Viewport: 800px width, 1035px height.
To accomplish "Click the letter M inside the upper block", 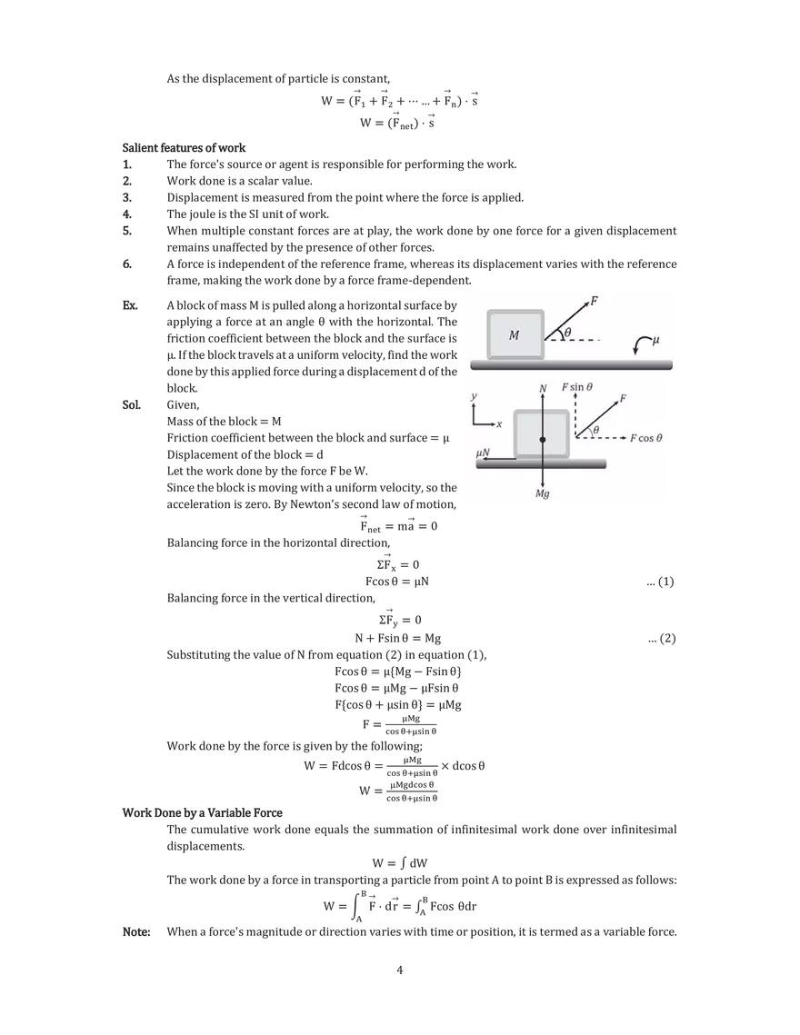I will pyautogui.click(x=514, y=335).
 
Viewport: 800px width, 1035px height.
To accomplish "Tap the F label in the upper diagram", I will pyautogui.click(x=595, y=300).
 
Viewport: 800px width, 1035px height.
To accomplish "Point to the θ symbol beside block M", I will pyautogui.click(x=567, y=333).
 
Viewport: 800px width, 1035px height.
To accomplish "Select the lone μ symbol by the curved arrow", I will pyautogui.click(x=656, y=340).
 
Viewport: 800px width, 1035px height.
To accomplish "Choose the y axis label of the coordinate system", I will pyautogui.click(x=474, y=397).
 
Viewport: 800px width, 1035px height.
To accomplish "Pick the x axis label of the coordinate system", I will pyautogui.click(x=499, y=424).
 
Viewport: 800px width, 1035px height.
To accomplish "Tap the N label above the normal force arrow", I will pyautogui.click(x=543, y=388).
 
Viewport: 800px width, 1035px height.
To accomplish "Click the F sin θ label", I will pyautogui.click(x=577, y=387).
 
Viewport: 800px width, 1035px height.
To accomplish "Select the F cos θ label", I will pyautogui.click(x=646, y=438).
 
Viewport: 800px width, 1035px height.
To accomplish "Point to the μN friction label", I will pyautogui.click(x=484, y=451).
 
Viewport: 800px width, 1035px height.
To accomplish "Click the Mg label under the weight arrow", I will pyautogui.click(x=543, y=494).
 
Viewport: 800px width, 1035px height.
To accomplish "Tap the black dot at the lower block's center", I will pyautogui.click(x=543, y=440).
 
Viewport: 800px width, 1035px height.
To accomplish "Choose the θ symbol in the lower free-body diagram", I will pyautogui.click(x=596, y=431).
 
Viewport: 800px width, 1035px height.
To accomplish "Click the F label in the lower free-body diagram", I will pyautogui.click(x=623, y=398).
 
